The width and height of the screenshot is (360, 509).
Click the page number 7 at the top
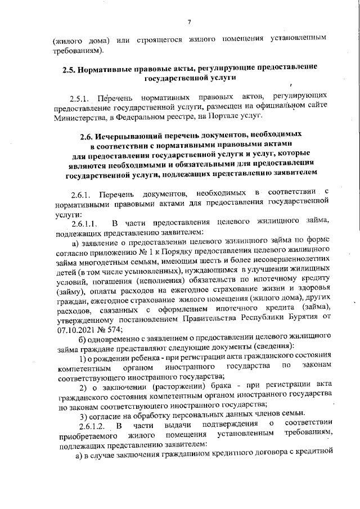pyautogui.click(x=190, y=22)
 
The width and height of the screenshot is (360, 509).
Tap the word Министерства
pyautogui.click(x=79, y=117)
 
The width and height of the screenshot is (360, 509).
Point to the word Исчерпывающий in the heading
pyautogui.click(x=138, y=136)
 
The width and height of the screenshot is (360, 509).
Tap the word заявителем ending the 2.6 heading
pyautogui.click(x=291, y=174)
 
